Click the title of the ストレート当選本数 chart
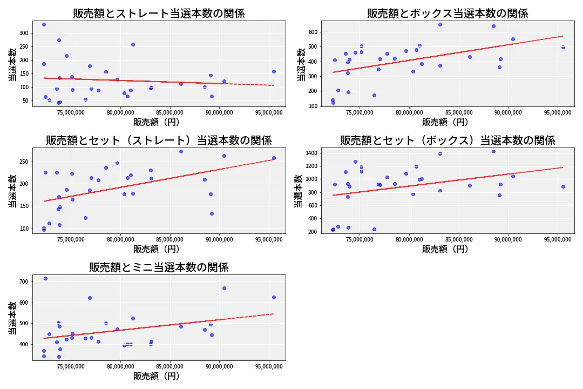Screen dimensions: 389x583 click(x=159, y=14)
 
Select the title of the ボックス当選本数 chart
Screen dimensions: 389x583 click(x=448, y=14)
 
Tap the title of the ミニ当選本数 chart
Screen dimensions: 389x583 click(x=159, y=267)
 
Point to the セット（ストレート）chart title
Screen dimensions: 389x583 click(x=159, y=140)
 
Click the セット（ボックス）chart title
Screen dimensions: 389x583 click(x=448, y=140)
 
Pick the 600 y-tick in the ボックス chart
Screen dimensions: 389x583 click(x=314, y=32)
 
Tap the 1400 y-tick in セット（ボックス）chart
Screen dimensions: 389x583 click(x=312, y=154)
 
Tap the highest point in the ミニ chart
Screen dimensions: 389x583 click(x=45, y=278)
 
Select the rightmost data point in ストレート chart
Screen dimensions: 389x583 click(x=274, y=71)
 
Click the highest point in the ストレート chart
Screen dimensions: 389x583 click(x=44, y=24)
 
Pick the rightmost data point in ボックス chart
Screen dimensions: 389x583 click(x=563, y=47)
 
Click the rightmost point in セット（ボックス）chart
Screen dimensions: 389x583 click(x=563, y=186)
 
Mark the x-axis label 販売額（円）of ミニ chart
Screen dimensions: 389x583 click(x=157, y=376)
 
